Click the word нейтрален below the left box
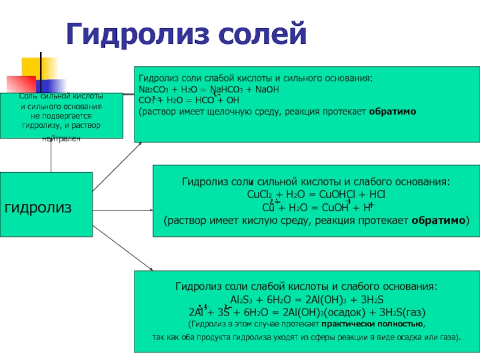(61, 139)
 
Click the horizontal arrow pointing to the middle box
(123, 210)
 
